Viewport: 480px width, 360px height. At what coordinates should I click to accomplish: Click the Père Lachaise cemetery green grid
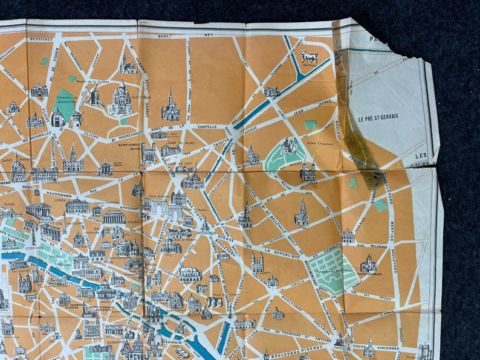click(326, 269)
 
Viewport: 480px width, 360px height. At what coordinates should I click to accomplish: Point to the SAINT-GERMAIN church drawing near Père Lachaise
click(369, 264)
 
